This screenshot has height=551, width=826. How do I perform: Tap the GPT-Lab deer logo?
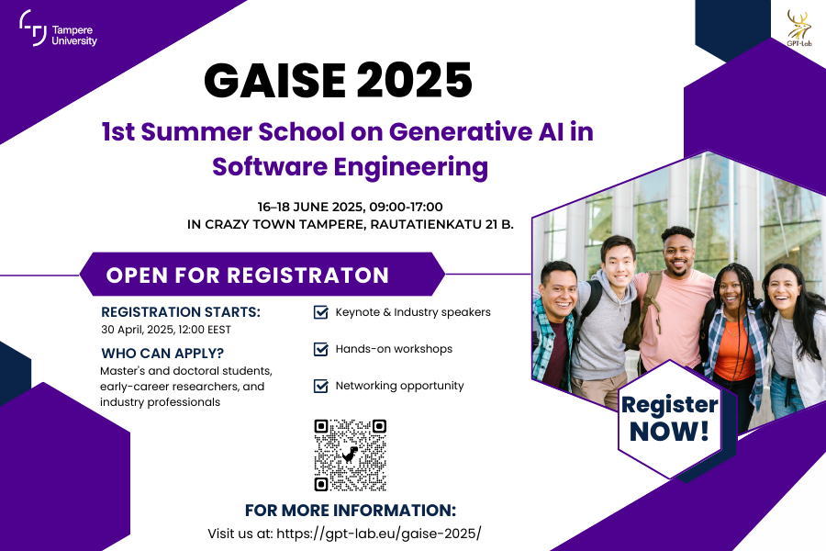(x=799, y=28)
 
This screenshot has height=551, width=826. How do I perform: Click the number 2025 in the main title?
(x=414, y=80)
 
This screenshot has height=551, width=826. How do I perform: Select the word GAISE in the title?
(x=274, y=80)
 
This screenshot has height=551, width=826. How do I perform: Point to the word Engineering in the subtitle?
(x=411, y=167)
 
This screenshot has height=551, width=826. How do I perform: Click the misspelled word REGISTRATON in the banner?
(x=307, y=275)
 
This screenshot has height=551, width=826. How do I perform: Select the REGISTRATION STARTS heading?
(x=181, y=312)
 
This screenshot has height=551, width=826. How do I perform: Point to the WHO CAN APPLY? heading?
(x=162, y=354)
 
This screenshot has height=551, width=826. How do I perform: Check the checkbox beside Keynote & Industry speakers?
(x=321, y=312)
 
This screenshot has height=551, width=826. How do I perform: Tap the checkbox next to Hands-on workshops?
(x=321, y=349)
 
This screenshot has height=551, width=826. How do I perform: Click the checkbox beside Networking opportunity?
(x=321, y=386)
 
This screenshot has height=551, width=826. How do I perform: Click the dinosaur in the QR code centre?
(x=351, y=455)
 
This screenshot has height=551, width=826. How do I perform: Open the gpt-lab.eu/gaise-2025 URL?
(x=378, y=534)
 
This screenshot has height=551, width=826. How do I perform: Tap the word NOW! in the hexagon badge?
(x=669, y=432)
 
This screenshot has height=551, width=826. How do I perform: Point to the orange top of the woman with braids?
(x=734, y=352)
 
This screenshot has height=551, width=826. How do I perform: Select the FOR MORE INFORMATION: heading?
(x=351, y=511)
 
